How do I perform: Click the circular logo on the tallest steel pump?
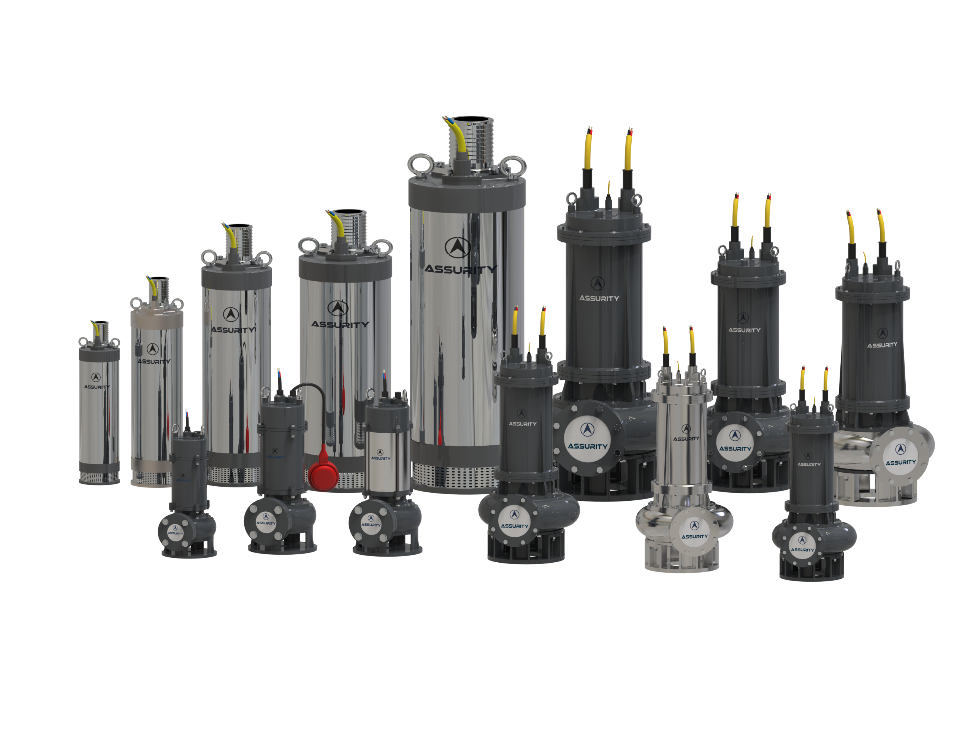tap(458, 247)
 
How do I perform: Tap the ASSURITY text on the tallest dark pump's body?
tap(599, 298)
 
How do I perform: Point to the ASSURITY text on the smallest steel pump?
tap(97, 387)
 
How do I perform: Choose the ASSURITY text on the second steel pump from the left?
tap(154, 362)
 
